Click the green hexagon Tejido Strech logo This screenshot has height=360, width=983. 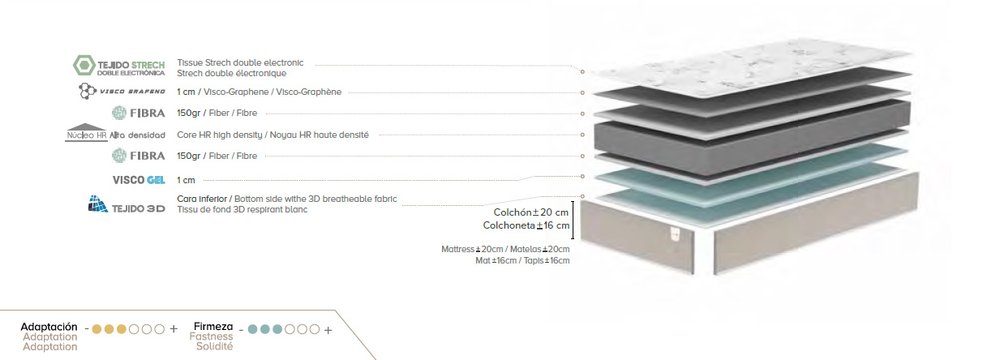tap(84, 66)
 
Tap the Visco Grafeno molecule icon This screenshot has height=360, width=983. tap(87, 91)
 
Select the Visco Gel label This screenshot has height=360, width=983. tap(139, 180)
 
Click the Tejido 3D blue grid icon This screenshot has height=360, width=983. tap(97, 204)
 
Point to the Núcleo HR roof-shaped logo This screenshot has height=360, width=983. tap(86, 132)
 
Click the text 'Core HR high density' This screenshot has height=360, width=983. tap(220, 135)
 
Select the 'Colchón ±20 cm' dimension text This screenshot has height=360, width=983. tap(531, 212)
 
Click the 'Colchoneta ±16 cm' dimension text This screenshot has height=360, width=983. tap(526, 225)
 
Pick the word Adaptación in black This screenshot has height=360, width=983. tap(49, 327)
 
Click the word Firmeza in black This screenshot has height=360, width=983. tap(213, 326)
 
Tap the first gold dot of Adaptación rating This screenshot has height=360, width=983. tap(97, 329)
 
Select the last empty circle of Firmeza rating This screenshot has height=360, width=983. tap(314, 329)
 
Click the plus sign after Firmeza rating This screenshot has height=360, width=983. tap(328, 330)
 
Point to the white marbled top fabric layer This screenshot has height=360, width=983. tap(750, 68)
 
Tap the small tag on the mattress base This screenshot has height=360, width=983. tap(675, 234)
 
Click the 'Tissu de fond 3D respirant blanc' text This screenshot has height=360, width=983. tap(243, 210)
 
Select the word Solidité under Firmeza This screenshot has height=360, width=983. tap(214, 346)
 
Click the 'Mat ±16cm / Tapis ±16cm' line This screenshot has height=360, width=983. tap(522, 260)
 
